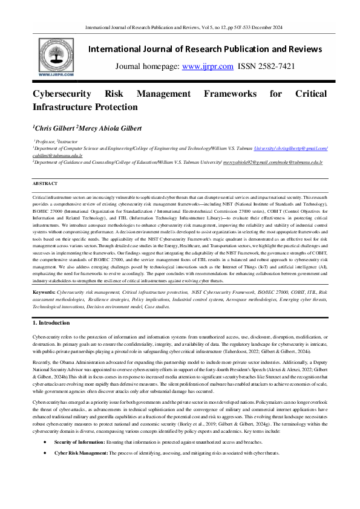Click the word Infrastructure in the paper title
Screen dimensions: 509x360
[64, 107]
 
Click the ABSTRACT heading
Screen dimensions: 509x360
[45, 183]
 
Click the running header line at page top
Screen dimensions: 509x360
[180, 28]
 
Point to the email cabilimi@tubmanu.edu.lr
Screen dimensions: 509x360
[57, 155]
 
